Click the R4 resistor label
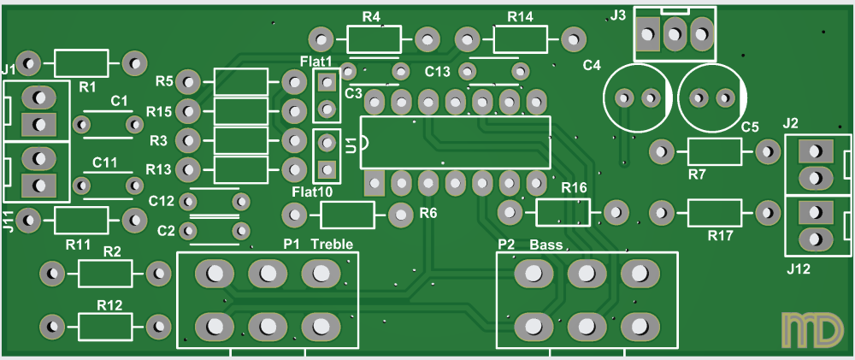pyautogui.click(x=371, y=17)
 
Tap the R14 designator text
pyautogui.click(x=520, y=17)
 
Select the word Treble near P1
pyautogui.click(x=332, y=245)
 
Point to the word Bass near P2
pyautogui.click(x=546, y=245)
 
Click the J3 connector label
pyautogui.click(x=618, y=15)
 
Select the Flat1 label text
pyautogui.click(x=316, y=61)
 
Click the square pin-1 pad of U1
pyautogui.click(x=374, y=181)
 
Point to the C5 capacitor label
pyautogui.click(x=750, y=127)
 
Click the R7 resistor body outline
pyautogui.click(x=714, y=152)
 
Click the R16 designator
pyautogui.click(x=574, y=188)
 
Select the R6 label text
pyautogui.click(x=428, y=213)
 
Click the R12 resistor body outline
pyautogui.click(x=105, y=326)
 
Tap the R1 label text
pyautogui.click(x=87, y=86)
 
